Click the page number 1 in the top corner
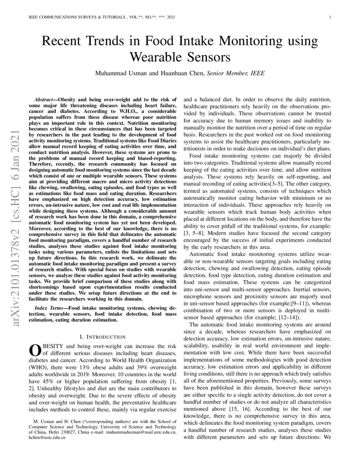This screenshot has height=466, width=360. coord(329,17)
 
